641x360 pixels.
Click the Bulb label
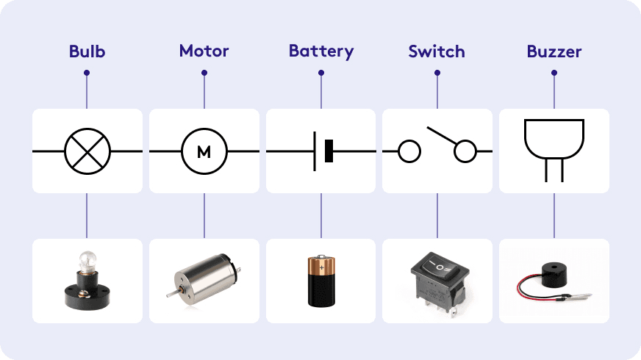pos(87,51)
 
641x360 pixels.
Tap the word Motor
pos(204,51)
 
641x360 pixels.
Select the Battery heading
pos(321,51)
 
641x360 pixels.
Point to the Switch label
pos(437,51)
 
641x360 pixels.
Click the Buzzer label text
pos(554,51)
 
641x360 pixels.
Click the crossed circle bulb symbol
pos(87,151)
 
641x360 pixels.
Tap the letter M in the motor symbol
pos(204,152)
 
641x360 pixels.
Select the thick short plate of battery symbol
pos(329,151)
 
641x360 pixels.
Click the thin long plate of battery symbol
pos(315,151)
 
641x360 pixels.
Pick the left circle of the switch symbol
pos(409,152)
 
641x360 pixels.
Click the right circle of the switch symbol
pos(465,152)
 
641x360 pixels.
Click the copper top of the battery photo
pos(321,263)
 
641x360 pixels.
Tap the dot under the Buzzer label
pos(554,73)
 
